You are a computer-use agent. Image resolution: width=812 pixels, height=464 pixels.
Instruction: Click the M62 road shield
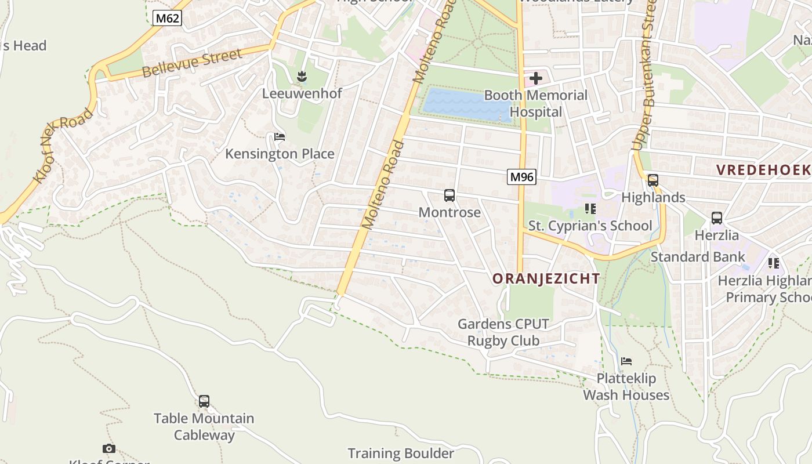tap(168, 18)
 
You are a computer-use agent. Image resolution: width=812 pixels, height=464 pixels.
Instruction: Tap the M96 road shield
tap(521, 177)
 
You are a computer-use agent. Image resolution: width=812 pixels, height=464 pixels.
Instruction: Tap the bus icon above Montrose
tap(449, 195)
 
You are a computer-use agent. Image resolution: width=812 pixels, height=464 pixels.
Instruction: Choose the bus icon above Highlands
tap(653, 180)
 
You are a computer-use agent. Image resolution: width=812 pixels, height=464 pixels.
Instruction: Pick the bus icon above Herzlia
tap(717, 219)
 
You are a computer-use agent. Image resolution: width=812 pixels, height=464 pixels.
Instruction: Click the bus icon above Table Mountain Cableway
tap(204, 401)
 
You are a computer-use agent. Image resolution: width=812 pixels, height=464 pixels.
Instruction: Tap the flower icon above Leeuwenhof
tap(302, 76)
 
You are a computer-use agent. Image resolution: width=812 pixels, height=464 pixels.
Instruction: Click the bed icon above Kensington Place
tap(280, 137)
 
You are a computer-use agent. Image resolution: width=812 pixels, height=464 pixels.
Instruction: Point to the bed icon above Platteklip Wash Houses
tap(626, 361)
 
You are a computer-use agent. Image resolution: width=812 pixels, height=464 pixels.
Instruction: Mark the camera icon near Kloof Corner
tap(108, 448)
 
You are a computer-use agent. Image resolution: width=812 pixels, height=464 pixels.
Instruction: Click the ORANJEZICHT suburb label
tap(546, 278)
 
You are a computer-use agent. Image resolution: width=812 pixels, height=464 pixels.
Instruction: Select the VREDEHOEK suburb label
tap(763, 170)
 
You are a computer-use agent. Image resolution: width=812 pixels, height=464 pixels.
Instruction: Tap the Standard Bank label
tap(698, 256)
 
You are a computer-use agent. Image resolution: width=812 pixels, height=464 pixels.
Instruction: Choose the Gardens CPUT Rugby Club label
tap(503, 332)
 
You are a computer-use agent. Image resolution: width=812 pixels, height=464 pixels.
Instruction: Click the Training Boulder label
tap(401, 453)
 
